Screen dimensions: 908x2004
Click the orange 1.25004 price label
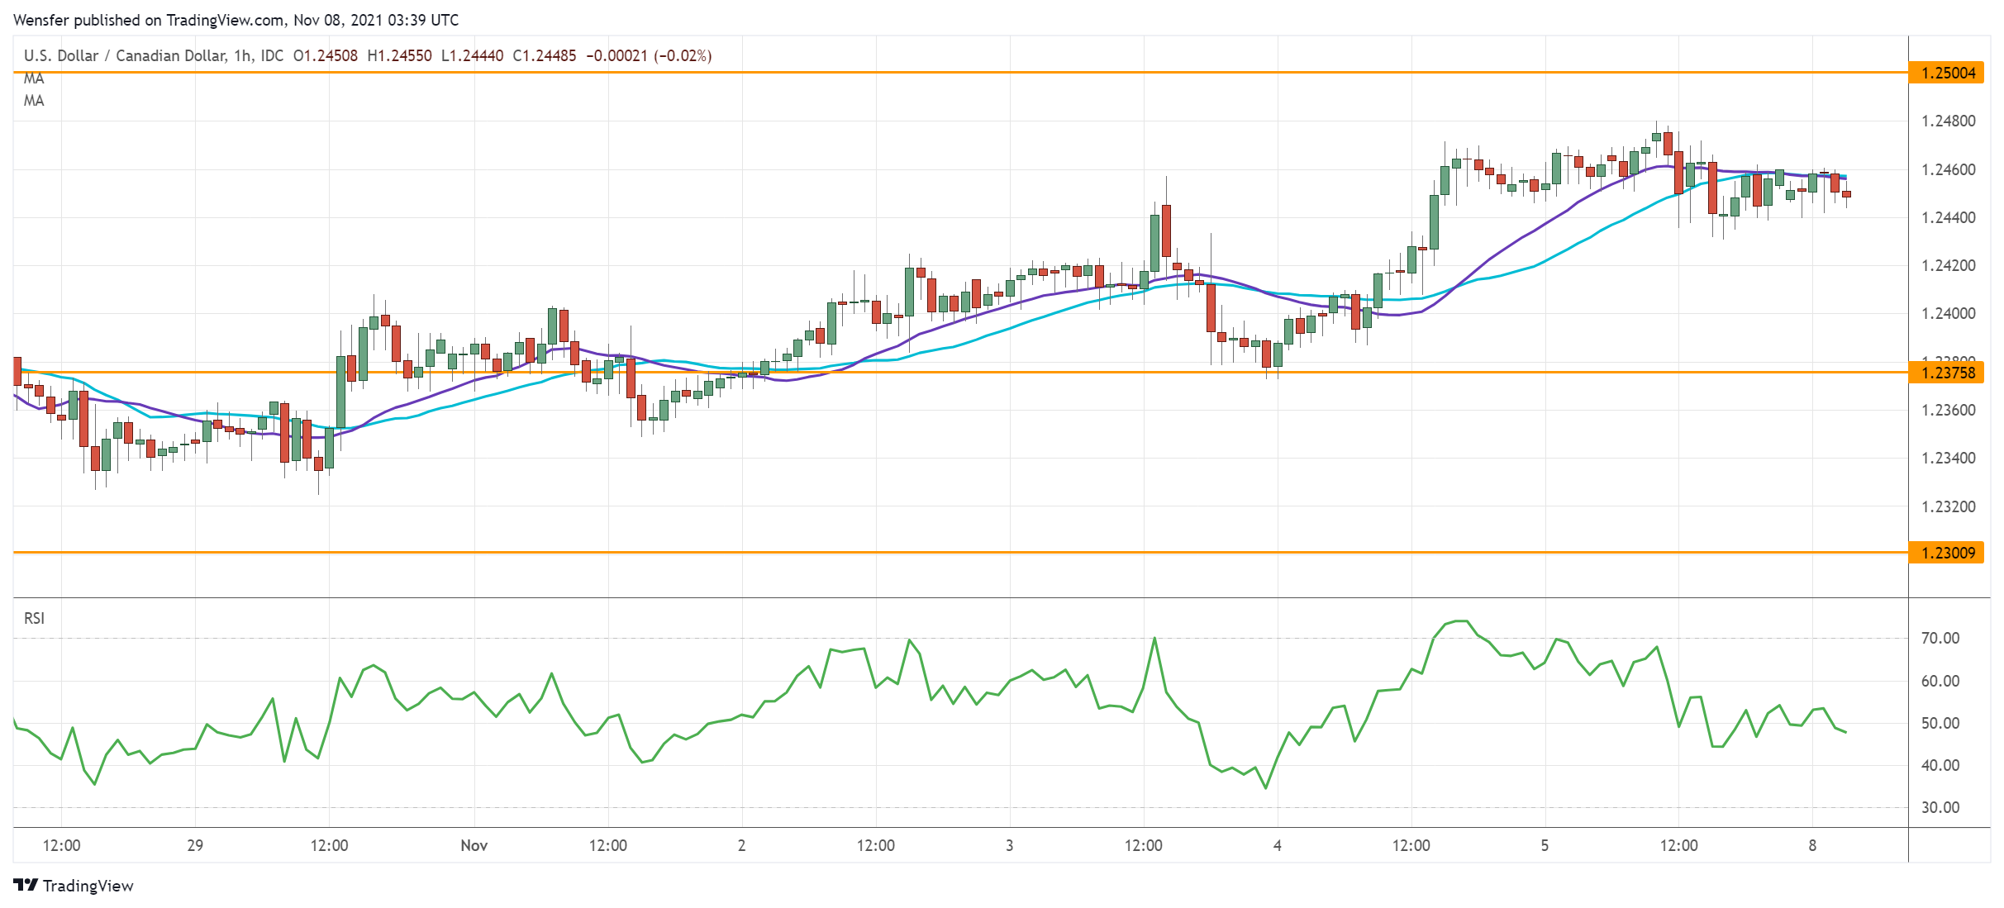pos(1948,73)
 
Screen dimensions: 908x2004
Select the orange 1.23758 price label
pos(1948,373)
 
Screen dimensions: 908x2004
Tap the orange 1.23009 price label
pos(1948,553)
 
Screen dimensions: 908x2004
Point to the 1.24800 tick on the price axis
pos(1948,121)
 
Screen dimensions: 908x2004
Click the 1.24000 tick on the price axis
pos(1948,313)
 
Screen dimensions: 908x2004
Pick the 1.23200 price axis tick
pos(1948,506)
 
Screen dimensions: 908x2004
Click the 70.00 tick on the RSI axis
pos(1940,638)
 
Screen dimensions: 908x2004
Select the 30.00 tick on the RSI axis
pos(1940,807)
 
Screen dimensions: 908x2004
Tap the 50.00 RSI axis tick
pos(1940,723)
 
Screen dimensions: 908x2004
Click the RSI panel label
pos(34,618)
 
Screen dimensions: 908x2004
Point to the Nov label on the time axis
pos(474,845)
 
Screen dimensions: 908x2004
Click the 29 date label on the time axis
pos(195,845)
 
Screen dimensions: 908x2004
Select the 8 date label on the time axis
pos(1812,845)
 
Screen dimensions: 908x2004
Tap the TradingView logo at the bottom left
pos(74,886)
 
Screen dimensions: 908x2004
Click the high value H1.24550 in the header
pos(399,55)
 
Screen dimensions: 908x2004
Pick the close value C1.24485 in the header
pos(544,55)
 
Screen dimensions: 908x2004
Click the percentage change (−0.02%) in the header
pos(683,55)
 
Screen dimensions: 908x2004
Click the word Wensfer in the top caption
pos(41,20)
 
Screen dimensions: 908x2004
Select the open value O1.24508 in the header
pos(326,55)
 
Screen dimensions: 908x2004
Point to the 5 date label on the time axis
pos(1545,845)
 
